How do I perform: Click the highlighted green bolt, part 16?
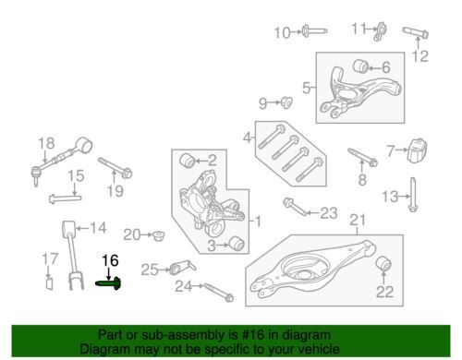[108, 283]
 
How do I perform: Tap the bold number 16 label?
[110, 261]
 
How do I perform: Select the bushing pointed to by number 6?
[360, 66]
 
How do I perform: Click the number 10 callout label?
[282, 32]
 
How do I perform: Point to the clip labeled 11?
[381, 31]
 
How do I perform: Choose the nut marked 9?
[286, 102]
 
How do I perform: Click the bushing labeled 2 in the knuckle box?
[187, 161]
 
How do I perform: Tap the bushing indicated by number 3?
[237, 244]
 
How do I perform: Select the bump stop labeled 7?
[418, 150]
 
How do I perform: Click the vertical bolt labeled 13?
[413, 195]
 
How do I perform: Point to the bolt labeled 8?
[363, 157]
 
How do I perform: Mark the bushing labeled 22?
[383, 263]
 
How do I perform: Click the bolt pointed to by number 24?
[218, 293]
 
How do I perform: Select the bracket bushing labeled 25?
[183, 267]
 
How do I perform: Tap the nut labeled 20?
[159, 235]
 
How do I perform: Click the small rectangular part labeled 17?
[49, 283]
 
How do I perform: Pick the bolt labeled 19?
[115, 168]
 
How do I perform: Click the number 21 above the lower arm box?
[358, 221]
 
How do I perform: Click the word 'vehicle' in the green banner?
[319, 349]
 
